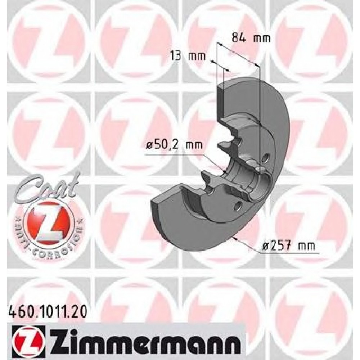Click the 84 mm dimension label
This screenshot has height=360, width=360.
(x=251, y=39)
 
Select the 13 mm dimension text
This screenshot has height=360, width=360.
(x=188, y=56)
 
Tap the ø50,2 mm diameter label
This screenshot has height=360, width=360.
(x=174, y=145)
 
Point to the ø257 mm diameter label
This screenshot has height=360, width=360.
(x=289, y=246)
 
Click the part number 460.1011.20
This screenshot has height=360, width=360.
(x=48, y=312)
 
